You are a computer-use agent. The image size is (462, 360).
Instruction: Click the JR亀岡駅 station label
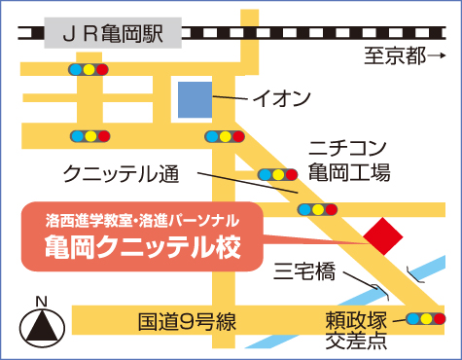[114, 35]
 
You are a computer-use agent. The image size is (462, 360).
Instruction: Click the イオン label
[281, 98]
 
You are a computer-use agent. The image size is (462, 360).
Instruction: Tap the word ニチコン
[348, 149]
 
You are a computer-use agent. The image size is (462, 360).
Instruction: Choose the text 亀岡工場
[349, 173]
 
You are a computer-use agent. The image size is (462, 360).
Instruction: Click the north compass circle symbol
[41, 326]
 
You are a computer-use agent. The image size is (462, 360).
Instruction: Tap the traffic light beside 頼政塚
[425, 317]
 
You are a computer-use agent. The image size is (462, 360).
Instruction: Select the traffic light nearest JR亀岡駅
[88, 70]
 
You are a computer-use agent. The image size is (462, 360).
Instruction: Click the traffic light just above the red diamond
[318, 208]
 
